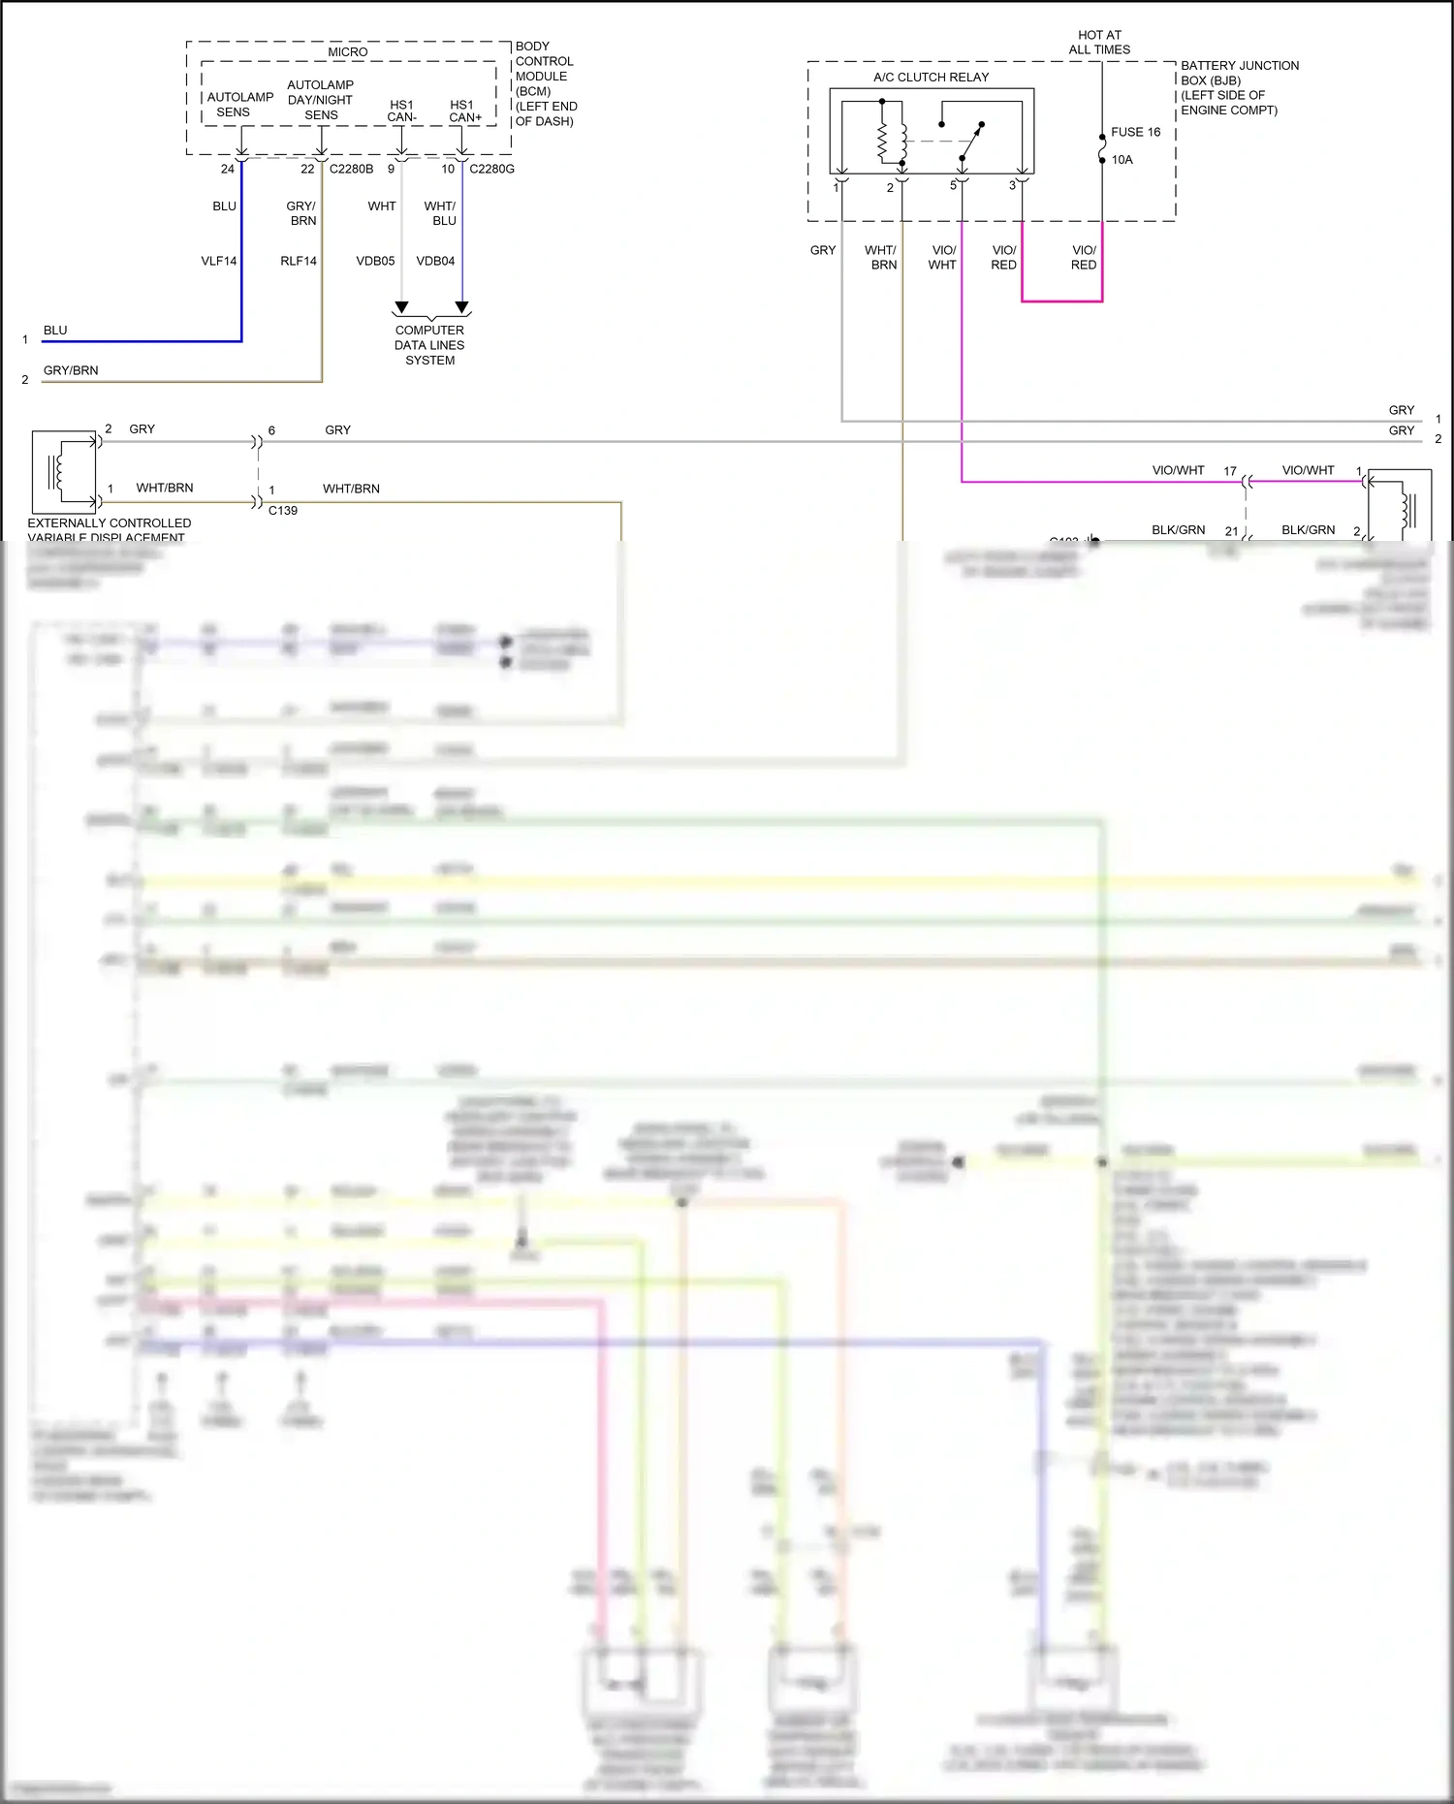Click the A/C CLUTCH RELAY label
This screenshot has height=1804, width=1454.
pyautogui.click(x=931, y=78)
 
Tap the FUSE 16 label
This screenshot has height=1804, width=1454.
pyautogui.click(x=1135, y=132)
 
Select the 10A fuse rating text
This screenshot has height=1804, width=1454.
pyautogui.click(x=1122, y=160)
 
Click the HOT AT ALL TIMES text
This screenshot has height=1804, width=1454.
pyautogui.click(x=1099, y=43)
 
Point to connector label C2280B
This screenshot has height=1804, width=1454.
pyautogui.click(x=351, y=169)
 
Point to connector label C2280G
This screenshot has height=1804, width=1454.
pyautogui.click(x=491, y=169)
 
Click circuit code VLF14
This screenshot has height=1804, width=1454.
pyautogui.click(x=219, y=261)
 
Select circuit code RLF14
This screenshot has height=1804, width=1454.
pyautogui.click(x=299, y=261)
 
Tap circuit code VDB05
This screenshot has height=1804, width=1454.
pyautogui.click(x=375, y=261)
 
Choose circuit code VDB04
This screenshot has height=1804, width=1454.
pyautogui.click(x=435, y=261)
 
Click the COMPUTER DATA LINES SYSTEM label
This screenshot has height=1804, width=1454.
pyautogui.click(x=429, y=345)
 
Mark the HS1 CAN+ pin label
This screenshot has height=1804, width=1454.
pyautogui.click(x=464, y=111)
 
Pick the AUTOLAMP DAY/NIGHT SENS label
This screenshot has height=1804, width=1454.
pyautogui.click(x=321, y=100)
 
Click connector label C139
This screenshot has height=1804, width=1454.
pyautogui.click(x=283, y=511)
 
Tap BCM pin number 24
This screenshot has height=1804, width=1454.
pyautogui.click(x=228, y=169)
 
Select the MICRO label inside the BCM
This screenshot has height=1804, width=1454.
pyautogui.click(x=347, y=52)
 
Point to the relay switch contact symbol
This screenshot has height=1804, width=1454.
pyautogui.click(x=969, y=141)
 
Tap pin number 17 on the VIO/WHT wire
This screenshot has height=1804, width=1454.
pyautogui.click(x=1230, y=471)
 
